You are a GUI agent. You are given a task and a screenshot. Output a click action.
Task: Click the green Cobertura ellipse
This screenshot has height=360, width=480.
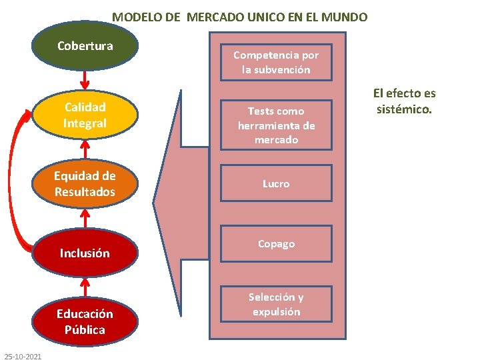click(x=85, y=46)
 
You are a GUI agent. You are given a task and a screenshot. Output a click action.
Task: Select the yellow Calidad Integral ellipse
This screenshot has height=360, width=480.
click(x=85, y=115)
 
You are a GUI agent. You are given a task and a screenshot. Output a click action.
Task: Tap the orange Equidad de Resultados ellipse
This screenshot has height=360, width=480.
click(x=85, y=184)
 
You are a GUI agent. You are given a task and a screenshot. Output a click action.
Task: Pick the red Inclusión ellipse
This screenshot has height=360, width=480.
click(x=85, y=253)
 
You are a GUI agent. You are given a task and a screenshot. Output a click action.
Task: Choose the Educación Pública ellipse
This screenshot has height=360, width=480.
click(x=85, y=321)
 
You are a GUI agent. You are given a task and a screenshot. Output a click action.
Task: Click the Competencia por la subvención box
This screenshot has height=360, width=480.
click(x=276, y=63)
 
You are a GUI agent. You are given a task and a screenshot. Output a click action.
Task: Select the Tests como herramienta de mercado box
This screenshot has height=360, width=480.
click(x=276, y=125)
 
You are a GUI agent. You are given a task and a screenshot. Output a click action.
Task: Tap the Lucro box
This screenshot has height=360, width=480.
click(x=276, y=183)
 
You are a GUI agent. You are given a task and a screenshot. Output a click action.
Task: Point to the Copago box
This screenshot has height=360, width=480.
click(x=276, y=244)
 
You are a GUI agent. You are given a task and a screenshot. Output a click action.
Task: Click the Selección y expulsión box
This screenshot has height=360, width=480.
click(x=276, y=304)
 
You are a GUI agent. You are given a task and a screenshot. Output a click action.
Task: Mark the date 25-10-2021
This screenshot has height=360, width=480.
click(x=23, y=356)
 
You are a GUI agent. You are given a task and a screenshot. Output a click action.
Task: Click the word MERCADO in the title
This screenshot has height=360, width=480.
click(x=215, y=17)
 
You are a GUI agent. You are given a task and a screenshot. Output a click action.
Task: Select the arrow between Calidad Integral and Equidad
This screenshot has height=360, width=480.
click(x=85, y=149)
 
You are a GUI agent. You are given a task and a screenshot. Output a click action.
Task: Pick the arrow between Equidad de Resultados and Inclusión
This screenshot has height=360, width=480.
click(x=85, y=219)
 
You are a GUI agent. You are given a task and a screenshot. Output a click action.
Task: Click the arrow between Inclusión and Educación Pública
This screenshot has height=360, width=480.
click(x=85, y=287)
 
